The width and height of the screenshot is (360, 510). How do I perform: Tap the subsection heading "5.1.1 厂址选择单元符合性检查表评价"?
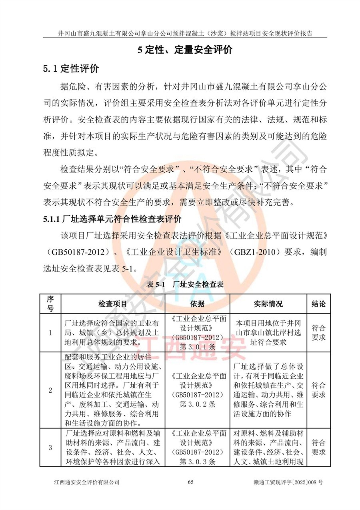coord(112,219)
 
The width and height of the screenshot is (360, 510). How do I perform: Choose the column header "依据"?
coord(198,303)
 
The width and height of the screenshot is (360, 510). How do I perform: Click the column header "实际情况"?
coord(268,303)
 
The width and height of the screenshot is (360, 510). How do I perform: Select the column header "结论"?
coord(318,303)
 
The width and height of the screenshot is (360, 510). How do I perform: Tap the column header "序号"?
coord(50,303)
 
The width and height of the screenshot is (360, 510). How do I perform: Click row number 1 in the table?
coord(50,332)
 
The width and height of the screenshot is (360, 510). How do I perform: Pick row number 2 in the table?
coord(50,390)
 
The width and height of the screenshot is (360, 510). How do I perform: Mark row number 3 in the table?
coord(50,448)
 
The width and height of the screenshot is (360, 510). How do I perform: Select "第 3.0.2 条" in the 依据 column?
coord(198,404)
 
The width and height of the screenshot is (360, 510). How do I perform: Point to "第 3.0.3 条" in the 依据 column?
coord(198,462)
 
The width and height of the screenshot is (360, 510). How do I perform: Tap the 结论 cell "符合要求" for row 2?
coord(318,390)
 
